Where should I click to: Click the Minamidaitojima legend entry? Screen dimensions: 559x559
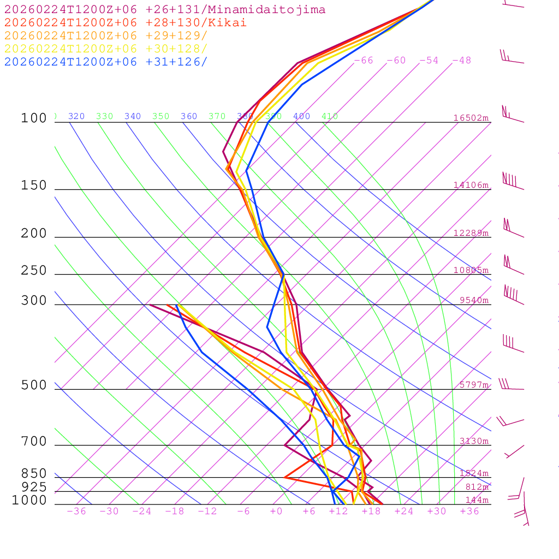click(165, 10)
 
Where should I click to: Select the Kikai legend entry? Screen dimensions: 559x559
click(126, 23)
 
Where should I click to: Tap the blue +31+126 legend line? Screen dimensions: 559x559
click(106, 62)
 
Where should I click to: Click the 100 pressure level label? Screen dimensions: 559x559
click(34, 118)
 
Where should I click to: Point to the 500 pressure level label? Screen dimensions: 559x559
click(34, 385)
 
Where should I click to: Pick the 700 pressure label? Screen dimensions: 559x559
click(34, 441)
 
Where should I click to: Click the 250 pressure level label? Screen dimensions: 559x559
click(34, 271)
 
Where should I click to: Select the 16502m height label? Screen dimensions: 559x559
click(471, 118)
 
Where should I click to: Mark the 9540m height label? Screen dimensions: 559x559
click(474, 300)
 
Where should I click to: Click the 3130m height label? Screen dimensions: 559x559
click(474, 441)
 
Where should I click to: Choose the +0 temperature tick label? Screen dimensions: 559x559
click(276, 511)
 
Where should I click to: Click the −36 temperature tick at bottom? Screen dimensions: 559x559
click(76, 511)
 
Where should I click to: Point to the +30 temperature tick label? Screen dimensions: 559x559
click(437, 511)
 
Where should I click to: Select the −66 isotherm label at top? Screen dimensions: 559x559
click(364, 61)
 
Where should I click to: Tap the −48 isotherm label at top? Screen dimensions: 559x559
click(461, 61)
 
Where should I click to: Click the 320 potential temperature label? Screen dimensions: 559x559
click(76, 116)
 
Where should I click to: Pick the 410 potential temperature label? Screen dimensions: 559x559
click(330, 116)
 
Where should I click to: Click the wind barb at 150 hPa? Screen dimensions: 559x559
click(512, 182)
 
